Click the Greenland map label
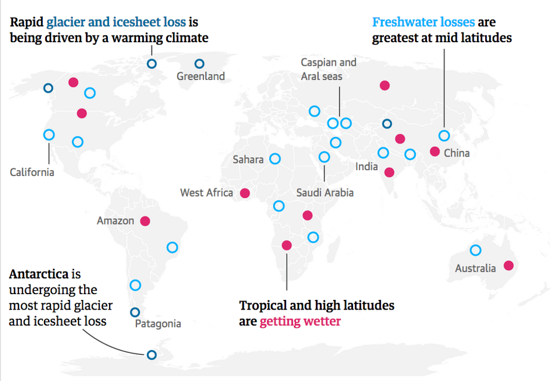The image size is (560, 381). tap(201, 77)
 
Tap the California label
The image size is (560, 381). tap(32, 172)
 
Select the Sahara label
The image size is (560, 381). tap(248, 159)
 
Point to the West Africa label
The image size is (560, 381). tap(206, 193)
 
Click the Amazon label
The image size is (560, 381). tap(115, 221)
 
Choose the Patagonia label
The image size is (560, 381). tap(158, 324)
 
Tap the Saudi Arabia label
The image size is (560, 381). tap(325, 193)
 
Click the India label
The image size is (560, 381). tap(366, 167)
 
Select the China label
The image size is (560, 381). tap(457, 153)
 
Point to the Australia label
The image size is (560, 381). tap(475, 268)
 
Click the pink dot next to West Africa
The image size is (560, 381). tap(245, 193)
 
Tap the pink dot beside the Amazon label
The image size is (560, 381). tap(145, 220)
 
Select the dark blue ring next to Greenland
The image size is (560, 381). tap(199, 64)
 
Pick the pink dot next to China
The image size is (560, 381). tap(434, 152)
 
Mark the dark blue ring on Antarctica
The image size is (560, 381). tap(151, 355)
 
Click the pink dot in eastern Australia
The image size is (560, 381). tap(509, 265)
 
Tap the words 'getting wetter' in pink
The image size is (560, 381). tap(300, 322)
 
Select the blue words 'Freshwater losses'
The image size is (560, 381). tap(423, 22)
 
